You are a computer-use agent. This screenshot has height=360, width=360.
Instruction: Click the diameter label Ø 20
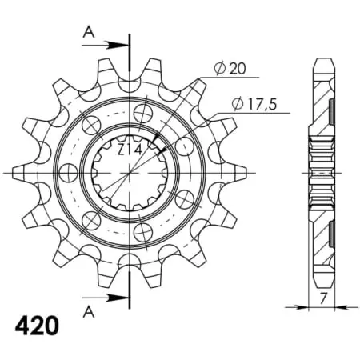pyautogui.click(x=230, y=69)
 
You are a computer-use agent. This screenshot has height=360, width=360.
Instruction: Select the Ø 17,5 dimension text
pyautogui.click(x=254, y=104)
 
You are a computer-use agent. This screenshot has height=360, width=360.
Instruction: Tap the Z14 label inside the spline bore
pyautogui.click(x=130, y=151)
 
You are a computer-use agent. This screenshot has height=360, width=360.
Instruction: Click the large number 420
pyautogui.click(x=37, y=326)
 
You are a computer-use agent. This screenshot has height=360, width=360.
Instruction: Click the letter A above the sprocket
pyautogui.click(x=89, y=33)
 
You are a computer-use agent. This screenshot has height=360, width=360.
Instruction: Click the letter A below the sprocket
pyautogui.click(x=89, y=312)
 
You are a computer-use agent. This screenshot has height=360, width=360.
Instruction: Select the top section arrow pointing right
pyautogui.click(x=106, y=45)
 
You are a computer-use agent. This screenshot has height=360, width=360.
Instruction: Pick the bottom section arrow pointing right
pyautogui.click(x=106, y=298)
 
